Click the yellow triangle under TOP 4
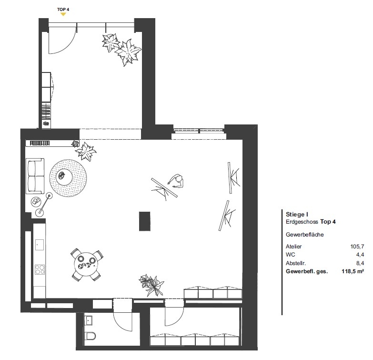click(63, 14)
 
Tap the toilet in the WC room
click(91, 336)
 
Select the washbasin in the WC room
click(88, 320)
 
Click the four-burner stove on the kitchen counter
click(40, 269)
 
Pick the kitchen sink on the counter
click(40, 245)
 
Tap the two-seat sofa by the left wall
click(35, 176)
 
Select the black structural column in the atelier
click(145, 221)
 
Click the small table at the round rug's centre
click(62, 176)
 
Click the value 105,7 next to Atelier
click(357, 247)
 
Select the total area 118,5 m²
click(353, 271)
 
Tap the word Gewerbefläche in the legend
click(305, 235)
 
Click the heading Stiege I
click(297, 214)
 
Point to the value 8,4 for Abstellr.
click(360, 263)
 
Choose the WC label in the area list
click(291, 255)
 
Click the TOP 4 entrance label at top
click(63, 10)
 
